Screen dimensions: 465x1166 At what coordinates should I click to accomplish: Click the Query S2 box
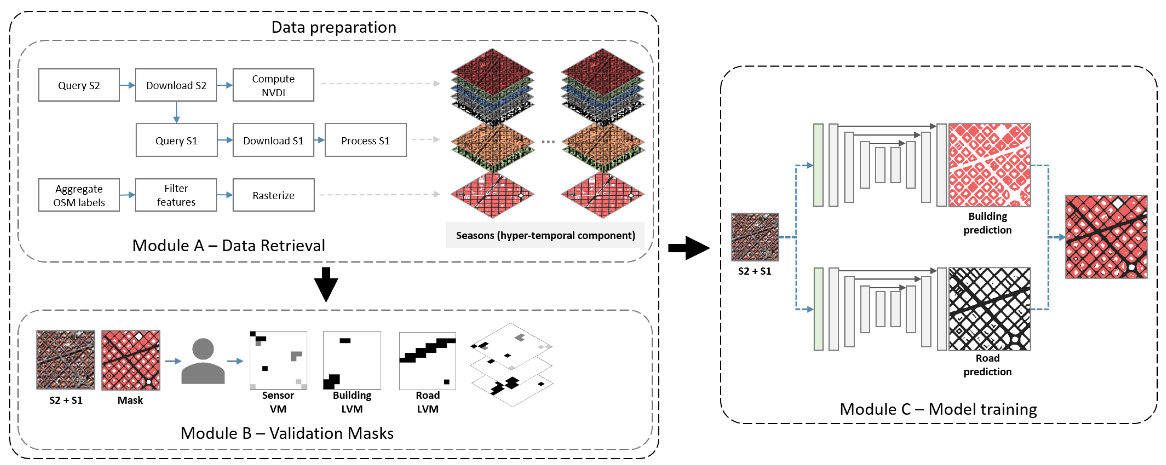[x=79, y=85]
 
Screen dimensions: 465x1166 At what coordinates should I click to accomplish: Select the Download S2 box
[x=176, y=85]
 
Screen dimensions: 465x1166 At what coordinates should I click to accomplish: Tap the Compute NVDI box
[x=273, y=85]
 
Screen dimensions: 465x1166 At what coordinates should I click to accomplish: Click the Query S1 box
[x=176, y=140]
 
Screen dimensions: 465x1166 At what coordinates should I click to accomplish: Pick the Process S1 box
[x=365, y=140]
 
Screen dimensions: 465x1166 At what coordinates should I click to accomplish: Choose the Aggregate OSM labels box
[x=79, y=195]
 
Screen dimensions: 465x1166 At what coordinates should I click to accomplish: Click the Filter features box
[x=176, y=195]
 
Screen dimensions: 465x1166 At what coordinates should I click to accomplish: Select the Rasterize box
[x=273, y=195]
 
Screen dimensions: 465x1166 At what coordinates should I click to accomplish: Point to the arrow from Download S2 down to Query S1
[x=176, y=112]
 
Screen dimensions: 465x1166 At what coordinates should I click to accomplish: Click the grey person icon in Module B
[x=203, y=361]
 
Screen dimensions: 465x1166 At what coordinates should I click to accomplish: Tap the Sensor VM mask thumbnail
[x=278, y=360]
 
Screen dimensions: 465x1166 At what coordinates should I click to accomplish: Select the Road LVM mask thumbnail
[x=427, y=361]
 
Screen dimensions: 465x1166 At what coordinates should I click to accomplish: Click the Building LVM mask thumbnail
[x=352, y=360]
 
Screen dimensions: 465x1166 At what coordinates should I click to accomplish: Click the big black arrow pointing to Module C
[x=689, y=248]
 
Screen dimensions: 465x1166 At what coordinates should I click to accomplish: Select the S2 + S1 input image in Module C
[x=755, y=237]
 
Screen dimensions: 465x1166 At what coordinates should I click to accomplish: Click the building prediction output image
[x=989, y=165]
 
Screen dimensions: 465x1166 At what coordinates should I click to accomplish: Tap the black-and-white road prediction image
[x=989, y=309]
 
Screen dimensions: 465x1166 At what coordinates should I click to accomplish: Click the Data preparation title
[x=334, y=27]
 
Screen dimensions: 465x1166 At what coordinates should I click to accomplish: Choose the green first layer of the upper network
[x=818, y=165]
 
